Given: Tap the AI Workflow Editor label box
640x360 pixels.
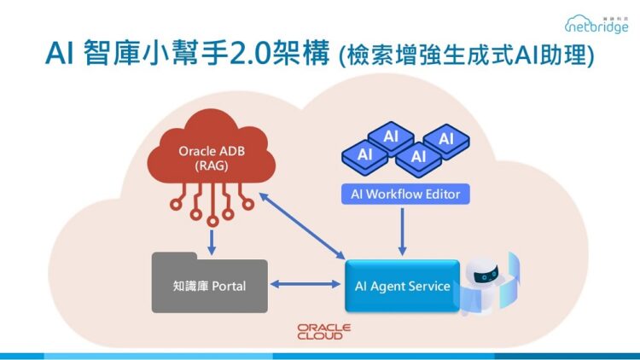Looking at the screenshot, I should (405, 194).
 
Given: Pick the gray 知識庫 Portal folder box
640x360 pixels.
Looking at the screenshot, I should (209, 285).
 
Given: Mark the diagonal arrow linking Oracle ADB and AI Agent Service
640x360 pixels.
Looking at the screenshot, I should (302, 225).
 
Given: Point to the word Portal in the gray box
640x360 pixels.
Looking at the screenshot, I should (226, 286).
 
